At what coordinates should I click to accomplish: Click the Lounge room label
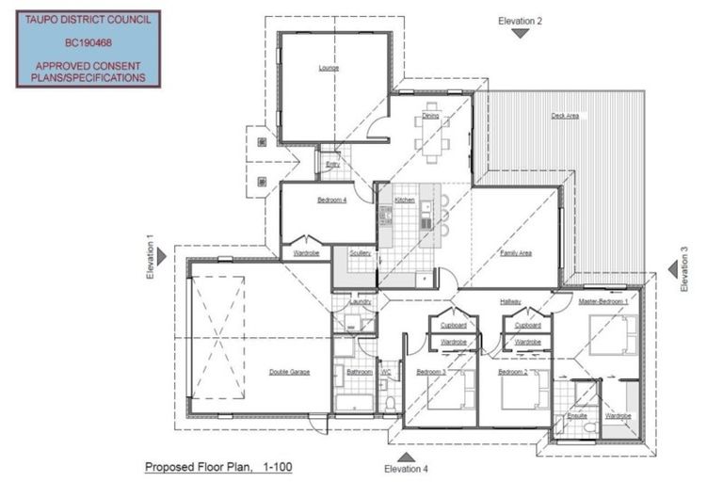[x=329, y=68]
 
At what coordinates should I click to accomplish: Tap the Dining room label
[x=430, y=116]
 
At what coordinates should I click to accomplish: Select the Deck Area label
[x=565, y=116]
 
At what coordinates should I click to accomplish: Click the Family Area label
[x=516, y=253]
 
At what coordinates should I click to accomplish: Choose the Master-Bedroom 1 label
[x=603, y=301]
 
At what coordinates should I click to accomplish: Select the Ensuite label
[x=577, y=414]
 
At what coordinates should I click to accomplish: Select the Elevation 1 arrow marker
[x=161, y=256]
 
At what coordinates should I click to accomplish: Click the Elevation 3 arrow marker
[x=673, y=270]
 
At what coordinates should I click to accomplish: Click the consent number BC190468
[x=88, y=42]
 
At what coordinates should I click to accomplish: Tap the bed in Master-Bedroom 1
[x=613, y=332]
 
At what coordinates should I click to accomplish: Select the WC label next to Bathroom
[x=385, y=372]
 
